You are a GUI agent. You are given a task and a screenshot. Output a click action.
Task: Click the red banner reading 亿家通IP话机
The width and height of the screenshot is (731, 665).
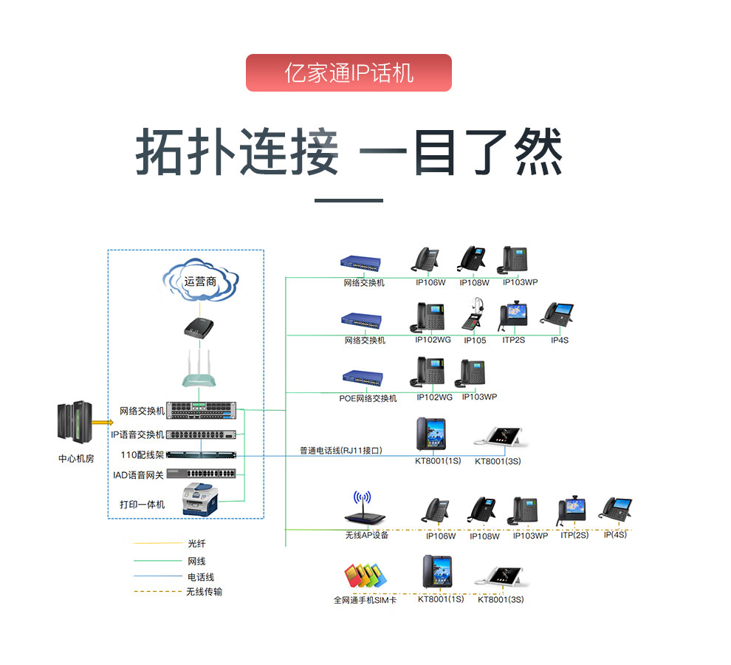tap(349, 72)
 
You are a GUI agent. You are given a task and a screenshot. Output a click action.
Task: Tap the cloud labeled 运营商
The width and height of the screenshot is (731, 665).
tap(201, 281)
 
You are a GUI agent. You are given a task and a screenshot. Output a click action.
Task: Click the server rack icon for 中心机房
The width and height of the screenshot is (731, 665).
tap(75, 423)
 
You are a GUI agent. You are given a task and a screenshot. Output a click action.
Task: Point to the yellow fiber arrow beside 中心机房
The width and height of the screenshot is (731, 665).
tap(101, 422)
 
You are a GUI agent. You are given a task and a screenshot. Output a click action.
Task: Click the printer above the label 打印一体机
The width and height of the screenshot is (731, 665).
tap(200, 499)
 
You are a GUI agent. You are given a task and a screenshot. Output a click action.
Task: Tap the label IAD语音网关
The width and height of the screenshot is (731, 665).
tap(138, 475)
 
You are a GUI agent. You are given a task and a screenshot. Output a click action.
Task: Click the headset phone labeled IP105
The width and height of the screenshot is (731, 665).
tap(475, 316)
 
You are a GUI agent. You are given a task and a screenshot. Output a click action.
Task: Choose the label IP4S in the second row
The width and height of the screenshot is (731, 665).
tap(560, 341)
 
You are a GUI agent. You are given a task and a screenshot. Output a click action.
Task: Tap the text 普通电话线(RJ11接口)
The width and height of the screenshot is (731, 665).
tap(340, 450)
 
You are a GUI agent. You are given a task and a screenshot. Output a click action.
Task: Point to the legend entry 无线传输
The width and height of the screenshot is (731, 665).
tap(204, 592)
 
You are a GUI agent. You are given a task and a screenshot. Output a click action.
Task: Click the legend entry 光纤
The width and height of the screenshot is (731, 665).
tap(196, 543)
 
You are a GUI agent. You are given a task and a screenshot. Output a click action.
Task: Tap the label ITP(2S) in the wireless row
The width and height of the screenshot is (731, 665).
tap(574, 534)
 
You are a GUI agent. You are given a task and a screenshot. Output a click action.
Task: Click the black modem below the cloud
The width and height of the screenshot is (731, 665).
tap(200, 327)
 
